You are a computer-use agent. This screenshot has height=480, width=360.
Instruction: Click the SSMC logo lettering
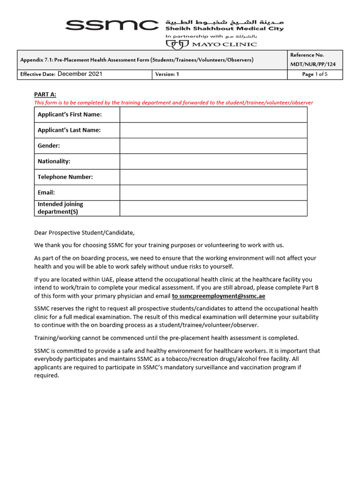click(112, 25)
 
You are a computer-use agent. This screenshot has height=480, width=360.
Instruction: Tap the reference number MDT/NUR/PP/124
click(313, 64)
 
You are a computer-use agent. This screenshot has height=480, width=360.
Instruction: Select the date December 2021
click(80, 74)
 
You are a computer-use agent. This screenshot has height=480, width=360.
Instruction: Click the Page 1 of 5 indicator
click(315, 74)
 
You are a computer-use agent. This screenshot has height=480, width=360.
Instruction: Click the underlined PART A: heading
click(45, 95)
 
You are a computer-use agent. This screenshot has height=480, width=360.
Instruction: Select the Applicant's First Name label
click(69, 114)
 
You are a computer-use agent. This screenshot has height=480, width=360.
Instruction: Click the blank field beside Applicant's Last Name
click(213, 130)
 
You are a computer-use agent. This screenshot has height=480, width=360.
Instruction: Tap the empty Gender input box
click(213, 146)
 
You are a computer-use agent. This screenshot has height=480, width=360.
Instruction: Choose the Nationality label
click(54, 161)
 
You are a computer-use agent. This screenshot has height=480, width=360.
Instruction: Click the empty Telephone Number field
click(213, 177)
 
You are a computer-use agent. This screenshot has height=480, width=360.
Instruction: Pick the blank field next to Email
click(213, 192)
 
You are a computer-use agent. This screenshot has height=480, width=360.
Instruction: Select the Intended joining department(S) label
click(60, 208)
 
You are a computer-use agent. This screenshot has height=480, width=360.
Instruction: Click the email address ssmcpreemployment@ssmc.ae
click(218, 296)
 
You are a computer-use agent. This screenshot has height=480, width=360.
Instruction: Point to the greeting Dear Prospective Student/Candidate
click(84, 232)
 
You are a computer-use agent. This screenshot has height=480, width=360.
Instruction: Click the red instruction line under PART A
click(173, 103)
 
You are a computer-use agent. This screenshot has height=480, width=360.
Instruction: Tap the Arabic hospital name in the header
click(224, 22)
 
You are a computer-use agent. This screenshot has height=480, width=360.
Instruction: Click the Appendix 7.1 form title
click(136, 60)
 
